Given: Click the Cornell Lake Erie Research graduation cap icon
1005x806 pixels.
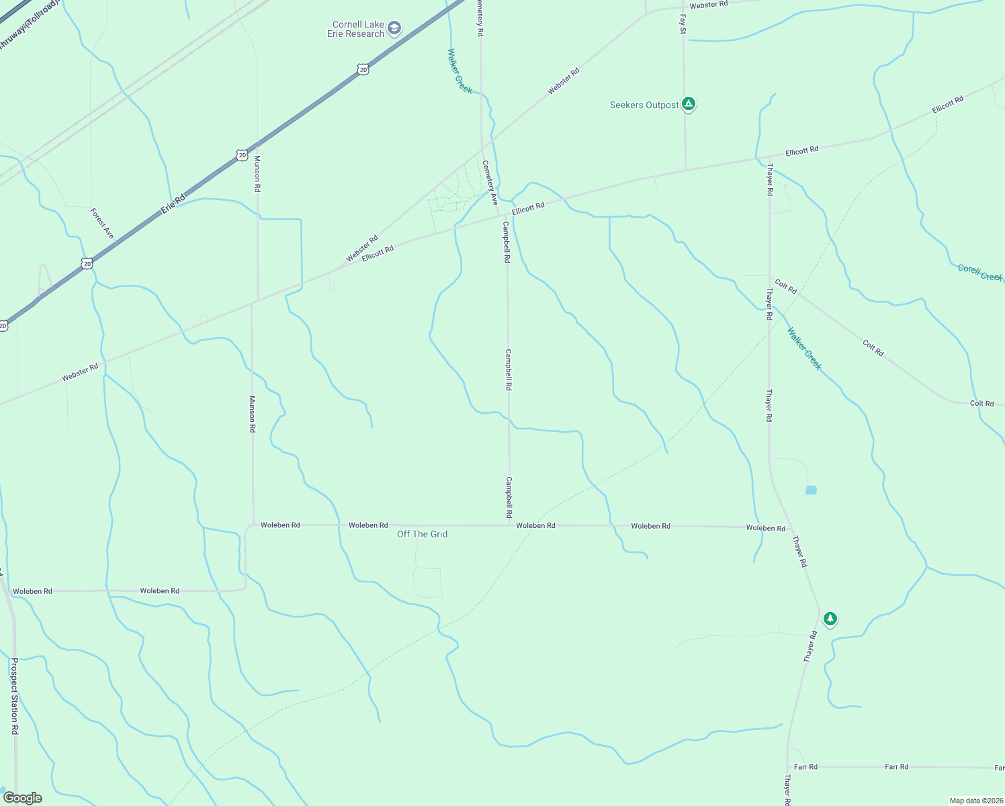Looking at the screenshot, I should click(394, 28).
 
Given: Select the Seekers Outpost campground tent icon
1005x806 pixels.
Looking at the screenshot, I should click(688, 104).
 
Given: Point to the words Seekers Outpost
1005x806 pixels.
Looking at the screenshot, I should click(644, 105).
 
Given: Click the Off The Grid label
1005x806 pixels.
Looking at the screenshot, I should click(422, 534).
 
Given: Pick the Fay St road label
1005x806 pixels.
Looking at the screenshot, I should click(683, 24).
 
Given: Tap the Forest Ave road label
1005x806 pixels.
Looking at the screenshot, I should click(102, 223).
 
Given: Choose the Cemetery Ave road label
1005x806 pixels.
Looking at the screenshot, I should click(490, 182).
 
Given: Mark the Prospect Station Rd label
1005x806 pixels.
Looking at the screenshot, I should click(14, 695).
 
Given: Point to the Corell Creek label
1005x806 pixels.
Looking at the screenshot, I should click(979, 273).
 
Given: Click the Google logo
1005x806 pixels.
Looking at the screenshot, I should click(22, 798).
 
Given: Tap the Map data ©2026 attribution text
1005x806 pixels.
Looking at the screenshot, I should click(975, 801).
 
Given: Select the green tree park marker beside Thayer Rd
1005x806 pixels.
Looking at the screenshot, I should click(830, 618).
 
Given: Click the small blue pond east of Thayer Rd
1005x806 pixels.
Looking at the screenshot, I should click(810, 490).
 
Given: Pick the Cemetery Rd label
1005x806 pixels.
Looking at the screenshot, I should click(480, 18).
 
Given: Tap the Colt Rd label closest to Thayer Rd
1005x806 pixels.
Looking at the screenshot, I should click(785, 287).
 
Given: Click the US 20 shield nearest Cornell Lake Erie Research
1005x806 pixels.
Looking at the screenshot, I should click(363, 69).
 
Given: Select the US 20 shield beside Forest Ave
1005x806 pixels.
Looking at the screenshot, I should click(87, 264).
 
